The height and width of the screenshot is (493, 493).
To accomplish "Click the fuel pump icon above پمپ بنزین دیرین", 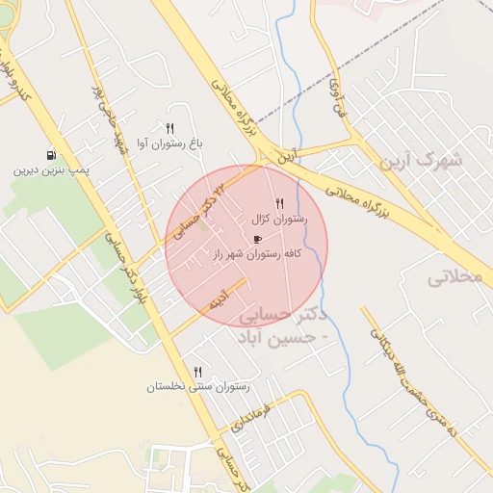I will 50,155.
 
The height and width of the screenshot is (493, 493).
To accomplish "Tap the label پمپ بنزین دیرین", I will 51,170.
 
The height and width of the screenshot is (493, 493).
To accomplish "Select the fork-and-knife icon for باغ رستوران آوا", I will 169,128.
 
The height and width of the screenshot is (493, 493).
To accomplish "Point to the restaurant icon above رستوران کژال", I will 279,203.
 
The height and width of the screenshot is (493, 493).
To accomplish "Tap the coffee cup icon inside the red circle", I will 256,238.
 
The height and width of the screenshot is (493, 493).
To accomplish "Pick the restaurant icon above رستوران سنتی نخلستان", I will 198,371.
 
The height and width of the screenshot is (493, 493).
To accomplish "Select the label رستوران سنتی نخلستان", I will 197,386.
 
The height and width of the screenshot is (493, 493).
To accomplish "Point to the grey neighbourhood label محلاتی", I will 452,277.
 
